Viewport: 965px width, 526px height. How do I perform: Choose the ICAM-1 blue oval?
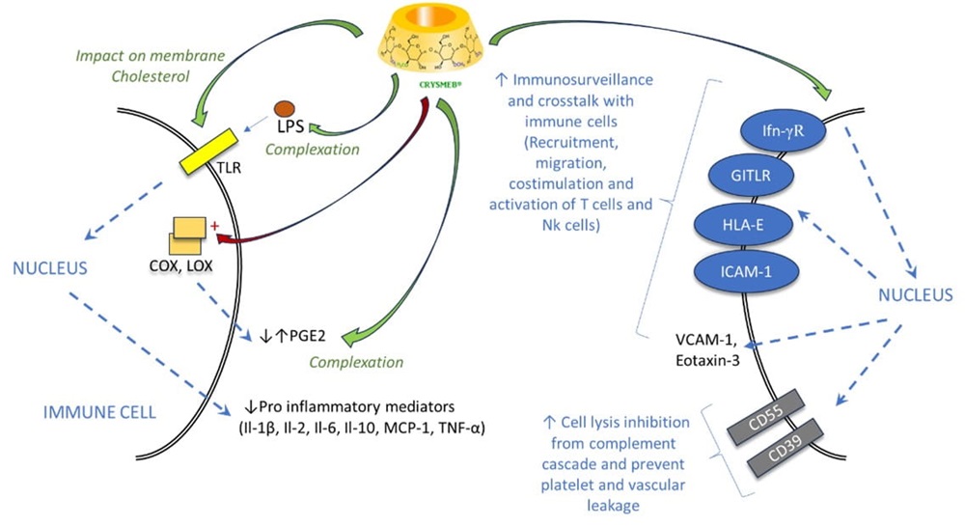[744, 270]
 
